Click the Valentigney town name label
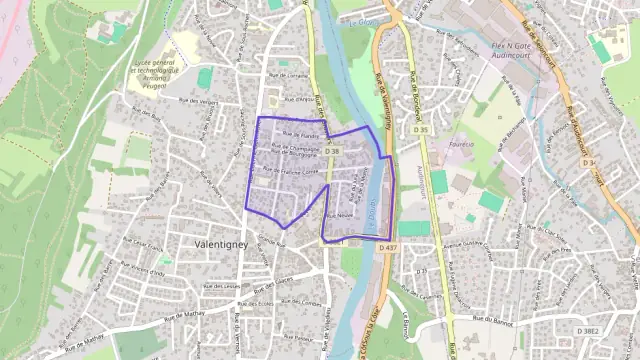click(223, 243)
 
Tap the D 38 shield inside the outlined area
click(333, 151)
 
